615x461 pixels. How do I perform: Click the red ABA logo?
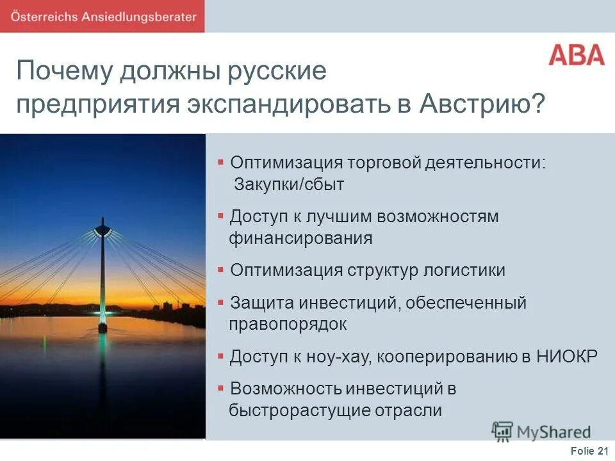[577, 54]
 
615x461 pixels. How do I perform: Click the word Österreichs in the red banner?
[43, 17]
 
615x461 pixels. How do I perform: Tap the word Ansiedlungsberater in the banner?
[138, 17]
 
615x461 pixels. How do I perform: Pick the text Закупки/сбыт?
[289, 185]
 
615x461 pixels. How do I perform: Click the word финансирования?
[300, 239]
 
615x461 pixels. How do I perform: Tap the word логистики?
[464, 270]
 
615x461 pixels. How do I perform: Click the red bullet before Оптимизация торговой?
[220, 162]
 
